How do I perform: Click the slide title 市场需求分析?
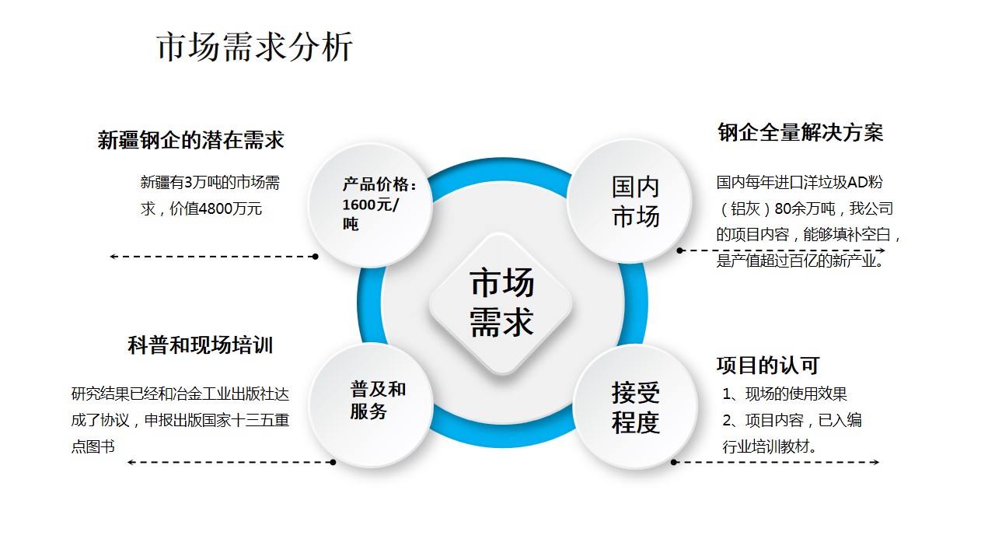tap(255, 47)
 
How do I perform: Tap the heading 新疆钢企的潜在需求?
tap(190, 140)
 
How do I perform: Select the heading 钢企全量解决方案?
tap(801, 132)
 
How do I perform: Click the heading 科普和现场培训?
tap(201, 345)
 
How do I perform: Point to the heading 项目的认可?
tap(768, 366)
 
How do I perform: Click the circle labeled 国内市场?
tap(630, 201)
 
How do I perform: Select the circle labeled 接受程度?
tap(635, 406)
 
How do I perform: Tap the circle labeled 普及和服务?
tap(372, 405)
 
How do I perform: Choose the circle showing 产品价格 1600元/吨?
tap(371, 205)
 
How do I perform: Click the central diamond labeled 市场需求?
tap(501, 304)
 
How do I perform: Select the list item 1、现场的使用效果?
tap(784, 394)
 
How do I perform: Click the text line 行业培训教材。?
tap(770, 446)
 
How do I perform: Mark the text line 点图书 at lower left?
tap(93, 446)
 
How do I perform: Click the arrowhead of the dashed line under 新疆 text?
tap(113, 257)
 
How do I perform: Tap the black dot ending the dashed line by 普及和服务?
tap(333, 462)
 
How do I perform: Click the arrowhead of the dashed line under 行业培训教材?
tap(875, 462)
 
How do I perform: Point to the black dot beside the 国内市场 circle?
tap(679, 250)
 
